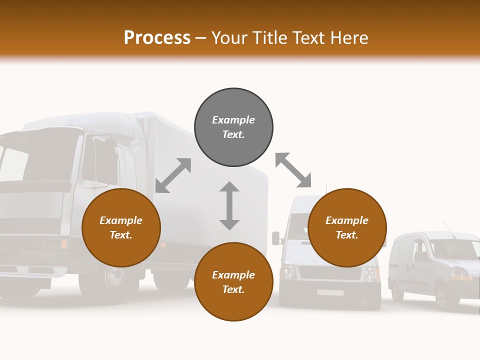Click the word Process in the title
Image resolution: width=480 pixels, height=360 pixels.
[157, 37]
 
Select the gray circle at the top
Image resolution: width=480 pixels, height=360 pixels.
[233, 127]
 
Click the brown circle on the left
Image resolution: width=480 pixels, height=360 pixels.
[121, 228]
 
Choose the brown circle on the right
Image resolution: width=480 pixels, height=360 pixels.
[347, 228]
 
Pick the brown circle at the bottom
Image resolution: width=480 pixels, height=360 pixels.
[233, 282]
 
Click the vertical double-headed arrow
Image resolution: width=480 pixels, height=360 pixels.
[229, 205]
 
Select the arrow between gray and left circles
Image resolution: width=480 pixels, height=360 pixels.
[173, 175]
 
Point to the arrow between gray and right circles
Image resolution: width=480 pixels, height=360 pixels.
[293, 170]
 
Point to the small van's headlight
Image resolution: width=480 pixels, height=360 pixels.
[460, 273]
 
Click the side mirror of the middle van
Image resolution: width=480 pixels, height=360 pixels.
[275, 238]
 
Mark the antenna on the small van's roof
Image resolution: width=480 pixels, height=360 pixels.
[448, 228]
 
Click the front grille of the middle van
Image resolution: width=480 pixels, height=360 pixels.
[330, 272]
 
